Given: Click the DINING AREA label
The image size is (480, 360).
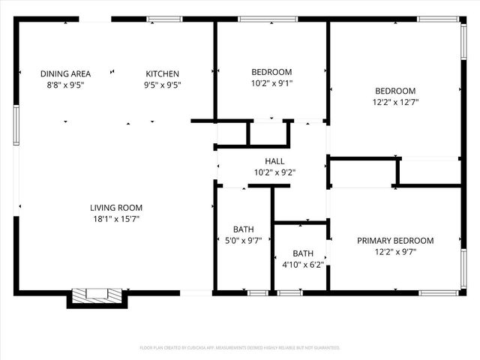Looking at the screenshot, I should click(65, 73).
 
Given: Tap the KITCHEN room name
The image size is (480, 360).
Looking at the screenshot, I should click(162, 73).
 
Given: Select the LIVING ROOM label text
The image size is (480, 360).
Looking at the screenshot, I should click(116, 208).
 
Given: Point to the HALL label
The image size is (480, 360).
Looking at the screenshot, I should click(274, 161).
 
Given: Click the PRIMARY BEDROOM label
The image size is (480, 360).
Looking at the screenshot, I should click(395, 241).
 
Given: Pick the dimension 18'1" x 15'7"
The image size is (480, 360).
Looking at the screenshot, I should click(116, 219).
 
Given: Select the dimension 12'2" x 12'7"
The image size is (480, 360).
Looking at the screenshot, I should click(395, 102).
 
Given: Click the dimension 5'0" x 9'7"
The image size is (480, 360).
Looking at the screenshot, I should click(244, 241).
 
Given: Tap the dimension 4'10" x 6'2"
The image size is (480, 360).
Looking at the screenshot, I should click(303, 264).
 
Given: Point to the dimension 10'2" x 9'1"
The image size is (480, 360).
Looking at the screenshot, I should click(271, 84).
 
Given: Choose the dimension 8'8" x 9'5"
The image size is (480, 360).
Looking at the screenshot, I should click(65, 85).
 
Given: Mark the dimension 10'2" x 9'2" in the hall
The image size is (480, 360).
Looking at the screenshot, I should click(274, 172).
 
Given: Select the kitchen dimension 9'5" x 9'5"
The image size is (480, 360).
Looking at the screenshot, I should click(162, 85).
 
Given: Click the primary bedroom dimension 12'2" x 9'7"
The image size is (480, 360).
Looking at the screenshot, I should click(395, 252).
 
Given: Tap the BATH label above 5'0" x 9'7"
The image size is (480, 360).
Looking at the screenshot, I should click(244, 229).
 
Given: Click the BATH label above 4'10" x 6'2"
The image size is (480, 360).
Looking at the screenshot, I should click(303, 253).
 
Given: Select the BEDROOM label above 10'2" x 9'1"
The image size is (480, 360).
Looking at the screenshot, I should click(271, 73).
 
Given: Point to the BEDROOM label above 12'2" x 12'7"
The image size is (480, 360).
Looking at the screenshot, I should click(395, 91).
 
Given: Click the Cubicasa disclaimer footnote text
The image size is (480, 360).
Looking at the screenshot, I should click(240, 348).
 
